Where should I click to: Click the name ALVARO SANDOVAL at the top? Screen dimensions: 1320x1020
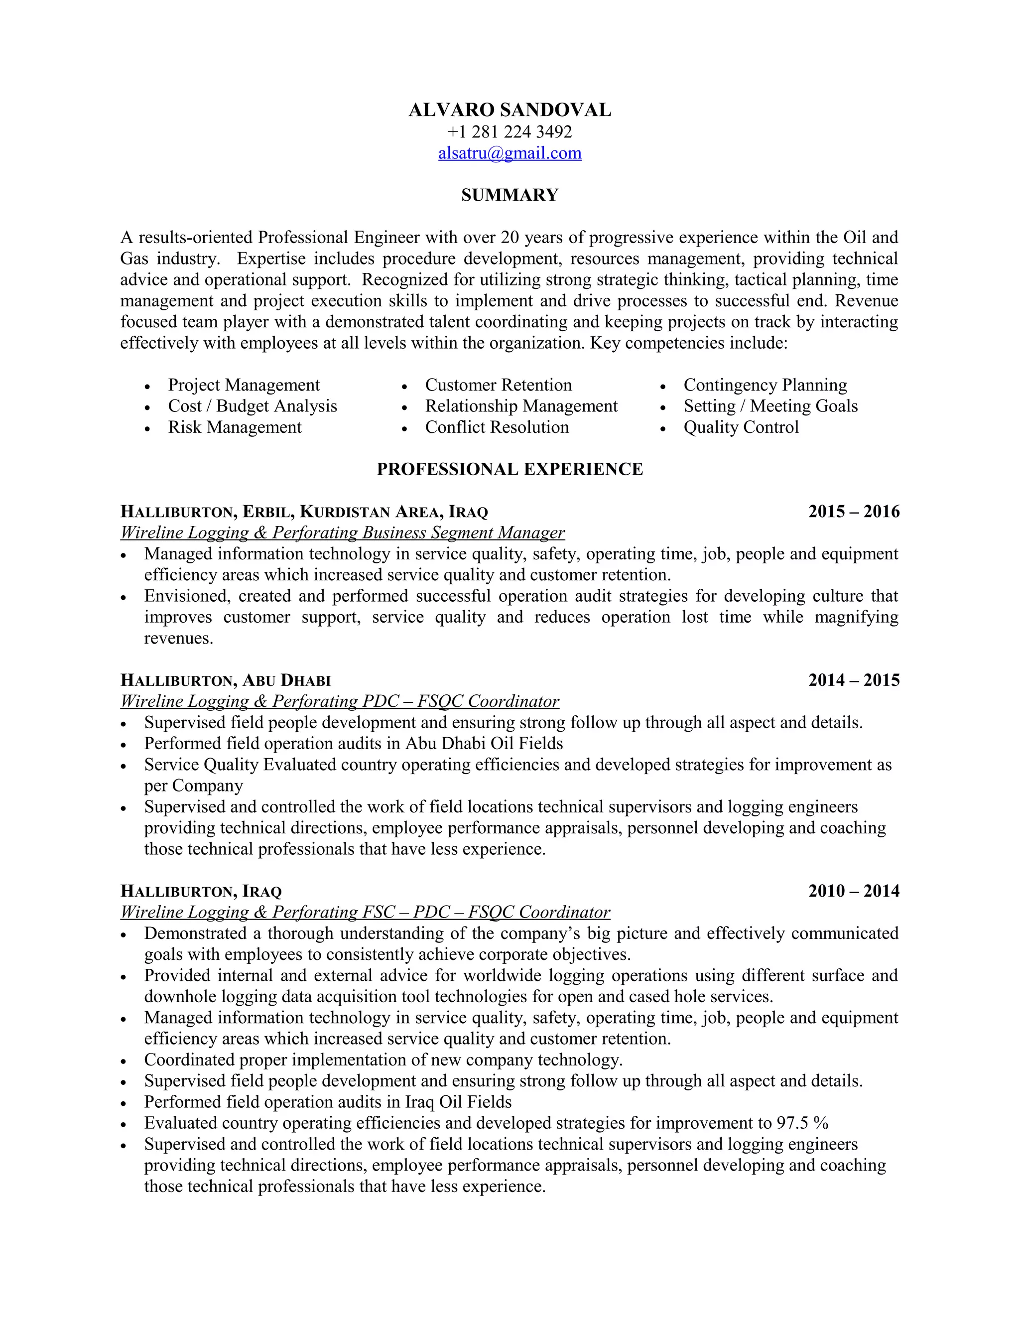[510, 110]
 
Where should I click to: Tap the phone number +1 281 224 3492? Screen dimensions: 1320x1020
[510, 132]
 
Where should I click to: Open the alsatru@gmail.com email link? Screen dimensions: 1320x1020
[510, 153]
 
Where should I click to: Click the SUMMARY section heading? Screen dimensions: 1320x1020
[510, 195]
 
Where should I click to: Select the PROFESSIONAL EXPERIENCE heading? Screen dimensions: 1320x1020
[510, 470]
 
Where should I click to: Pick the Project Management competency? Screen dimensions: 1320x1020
[244, 385]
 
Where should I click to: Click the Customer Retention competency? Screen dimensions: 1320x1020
[498, 385]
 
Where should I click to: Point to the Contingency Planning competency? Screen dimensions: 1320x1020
[765, 385]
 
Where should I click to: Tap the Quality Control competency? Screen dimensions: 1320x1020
[741, 427]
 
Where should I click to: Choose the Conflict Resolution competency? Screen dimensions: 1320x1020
[497, 427]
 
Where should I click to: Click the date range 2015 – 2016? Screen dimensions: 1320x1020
[853, 512]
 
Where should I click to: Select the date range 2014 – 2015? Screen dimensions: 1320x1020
[853, 680]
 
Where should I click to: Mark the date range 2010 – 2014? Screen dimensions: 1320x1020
[853, 891]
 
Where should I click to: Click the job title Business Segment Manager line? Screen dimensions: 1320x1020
[342, 533]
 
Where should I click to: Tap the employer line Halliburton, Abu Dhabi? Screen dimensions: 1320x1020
[226, 680]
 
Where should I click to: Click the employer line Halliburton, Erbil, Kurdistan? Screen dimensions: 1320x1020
[304, 512]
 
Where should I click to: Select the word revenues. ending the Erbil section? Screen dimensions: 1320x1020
[178, 638]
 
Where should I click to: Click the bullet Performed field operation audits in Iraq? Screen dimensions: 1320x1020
[328, 1102]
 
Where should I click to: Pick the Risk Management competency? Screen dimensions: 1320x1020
[235, 427]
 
